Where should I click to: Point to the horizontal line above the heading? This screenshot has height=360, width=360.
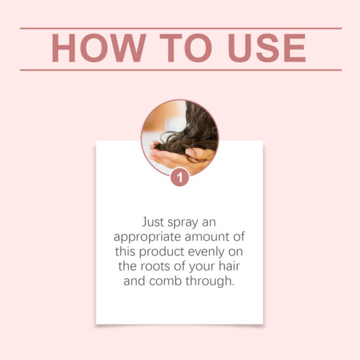click(x=180, y=28)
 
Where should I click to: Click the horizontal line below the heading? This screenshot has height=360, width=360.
click(x=180, y=69)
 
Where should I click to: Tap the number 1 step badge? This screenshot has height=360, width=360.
click(x=180, y=177)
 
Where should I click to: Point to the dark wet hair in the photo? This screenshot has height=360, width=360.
click(x=196, y=128)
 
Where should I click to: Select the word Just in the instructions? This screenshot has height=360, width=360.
click(x=154, y=221)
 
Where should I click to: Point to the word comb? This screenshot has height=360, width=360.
click(x=163, y=281)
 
